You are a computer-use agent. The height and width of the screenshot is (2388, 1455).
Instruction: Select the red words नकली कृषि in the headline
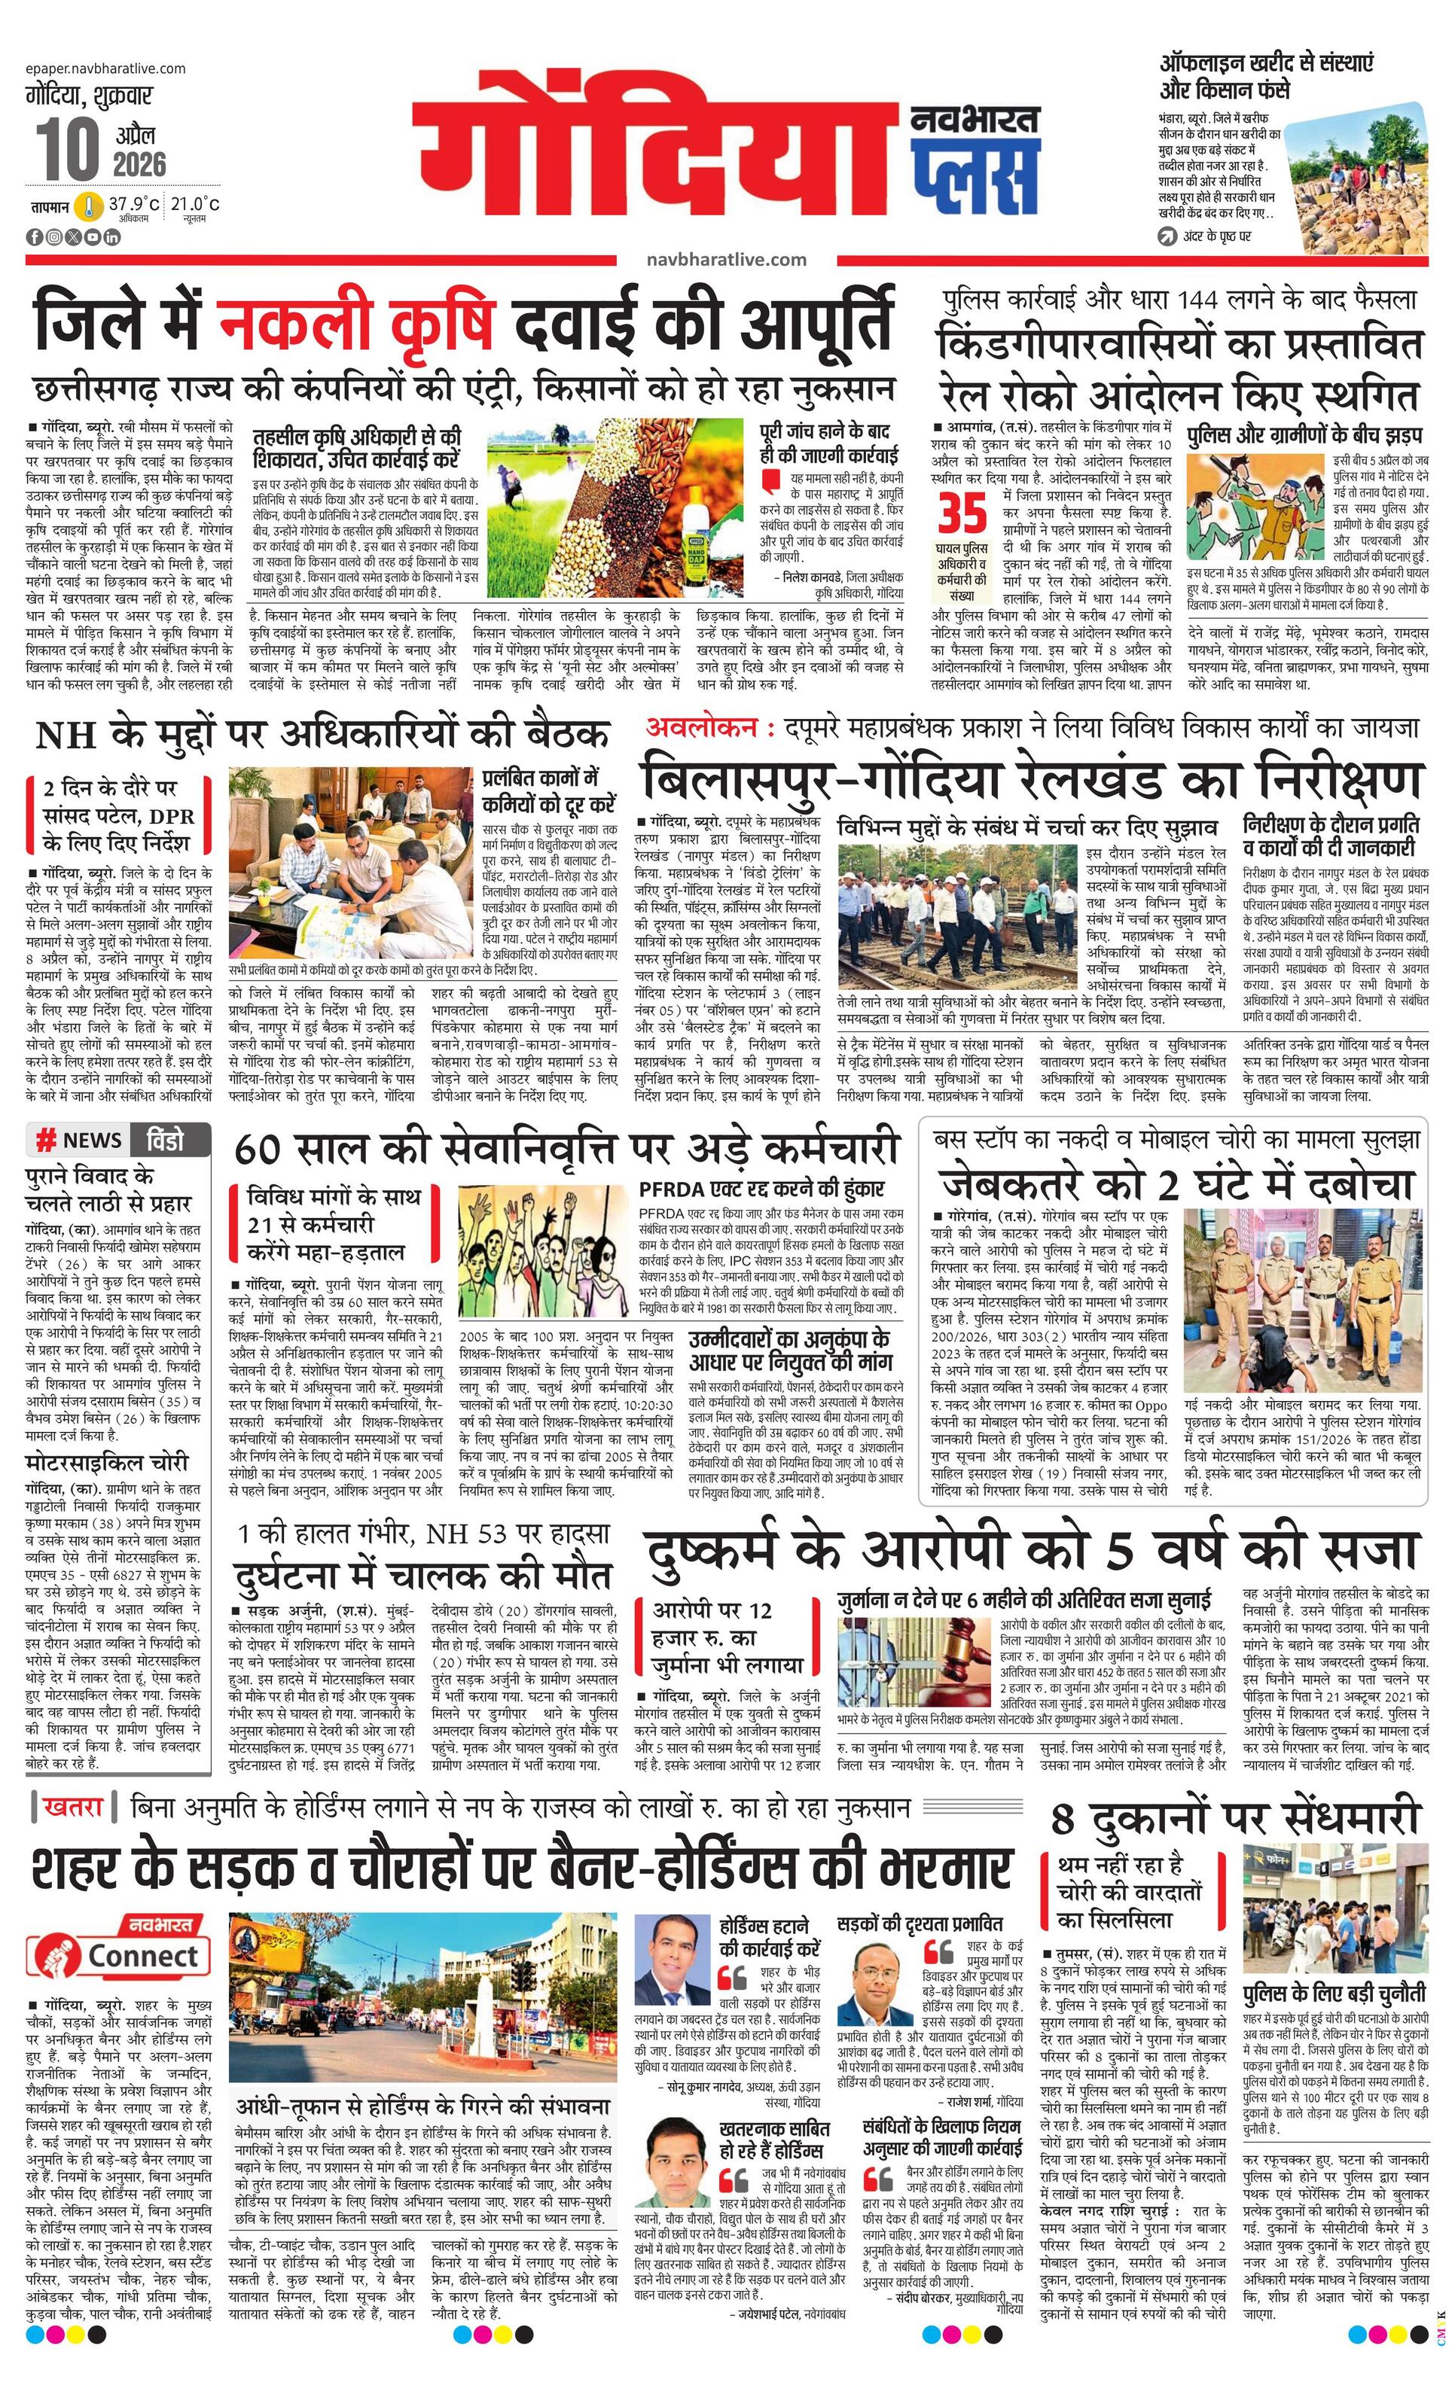(358, 321)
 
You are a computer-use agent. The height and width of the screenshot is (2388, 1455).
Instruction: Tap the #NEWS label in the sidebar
(78, 1140)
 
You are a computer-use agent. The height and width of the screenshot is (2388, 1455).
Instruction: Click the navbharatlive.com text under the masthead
(726, 259)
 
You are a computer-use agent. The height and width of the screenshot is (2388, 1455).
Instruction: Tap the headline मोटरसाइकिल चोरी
(107, 1463)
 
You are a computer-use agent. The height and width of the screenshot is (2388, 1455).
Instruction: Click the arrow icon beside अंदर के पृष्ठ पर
(1168, 236)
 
